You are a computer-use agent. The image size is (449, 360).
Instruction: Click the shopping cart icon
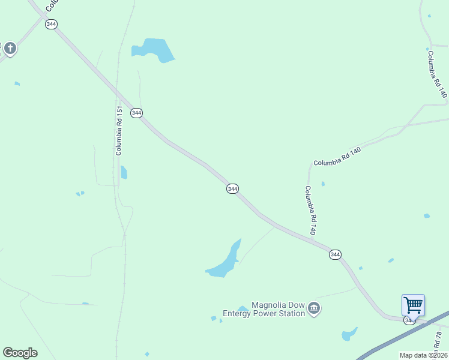click(413, 305)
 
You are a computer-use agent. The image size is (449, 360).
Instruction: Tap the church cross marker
click(9, 48)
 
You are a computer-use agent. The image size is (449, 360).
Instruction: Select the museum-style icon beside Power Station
click(314, 309)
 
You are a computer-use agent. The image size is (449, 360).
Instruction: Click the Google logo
click(20, 353)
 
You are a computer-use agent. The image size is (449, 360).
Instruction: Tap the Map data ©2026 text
click(424, 355)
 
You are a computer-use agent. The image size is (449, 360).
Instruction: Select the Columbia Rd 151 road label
click(119, 131)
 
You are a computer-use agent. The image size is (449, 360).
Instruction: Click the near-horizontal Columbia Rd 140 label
click(337, 155)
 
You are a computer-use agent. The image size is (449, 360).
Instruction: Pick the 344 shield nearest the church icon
click(51, 24)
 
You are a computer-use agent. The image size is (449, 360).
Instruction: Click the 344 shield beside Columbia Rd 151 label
click(136, 113)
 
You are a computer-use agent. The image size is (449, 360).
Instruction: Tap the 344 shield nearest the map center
click(233, 188)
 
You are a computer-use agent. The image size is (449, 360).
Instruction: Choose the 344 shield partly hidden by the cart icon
click(409, 320)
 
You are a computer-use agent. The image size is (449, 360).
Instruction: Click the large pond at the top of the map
click(154, 49)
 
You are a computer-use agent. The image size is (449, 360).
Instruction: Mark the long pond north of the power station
click(225, 261)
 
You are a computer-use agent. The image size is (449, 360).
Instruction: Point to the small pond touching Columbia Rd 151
click(124, 173)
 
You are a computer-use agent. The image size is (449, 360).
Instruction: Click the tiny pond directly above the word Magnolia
click(243, 308)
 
